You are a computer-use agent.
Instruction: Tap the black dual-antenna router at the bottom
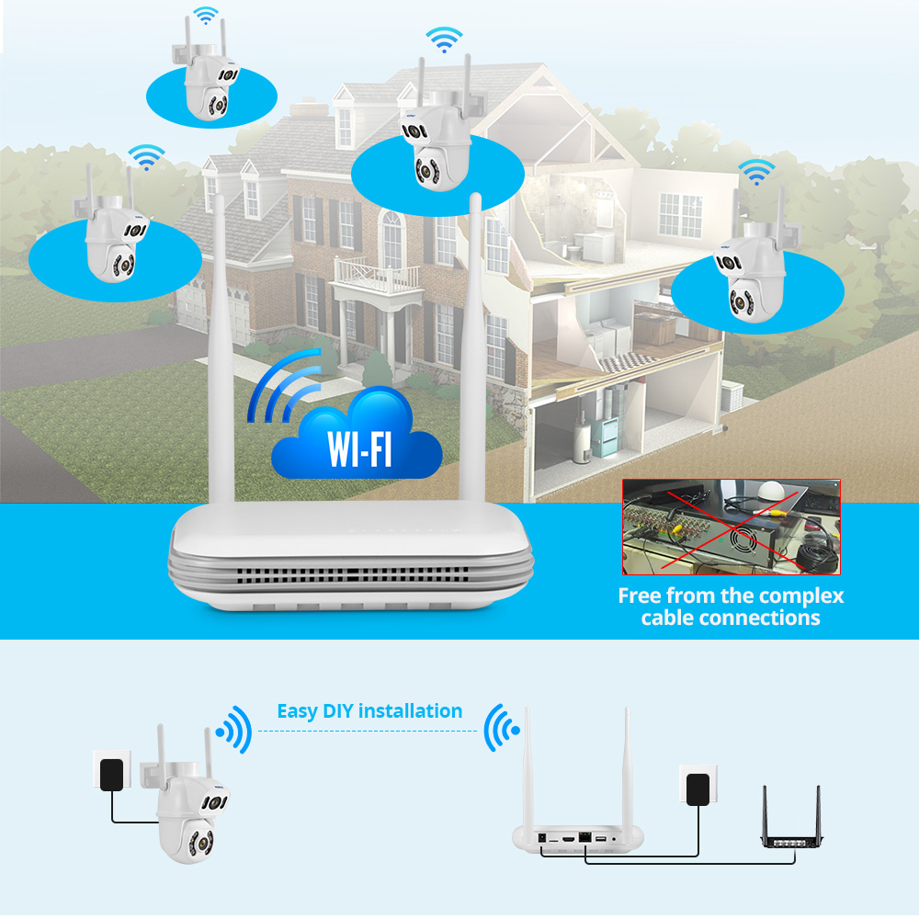pyautogui.click(x=790, y=832)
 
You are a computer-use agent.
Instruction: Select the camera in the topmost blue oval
pyautogui.click(x=207, y=87)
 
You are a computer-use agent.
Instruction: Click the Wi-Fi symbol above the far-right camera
pyautogui.click(x=756, y=171)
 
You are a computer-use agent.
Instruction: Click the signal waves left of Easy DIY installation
pyautogui.click(x=235, y=729)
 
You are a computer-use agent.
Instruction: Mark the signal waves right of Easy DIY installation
pyautogui.click(x=501, y=729)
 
